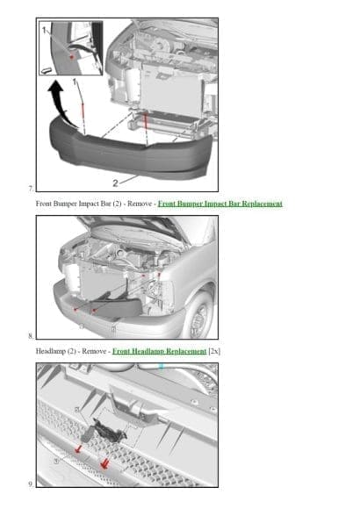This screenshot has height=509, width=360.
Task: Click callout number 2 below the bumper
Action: click(x=114, y=183)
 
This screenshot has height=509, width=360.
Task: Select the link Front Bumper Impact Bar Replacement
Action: click(x=220, y=204)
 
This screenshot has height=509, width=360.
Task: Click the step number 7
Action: click(x=32, y=189)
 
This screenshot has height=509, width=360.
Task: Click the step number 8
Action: click(x=32, y=335)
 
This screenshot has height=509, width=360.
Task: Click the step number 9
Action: click(x=32, y=483)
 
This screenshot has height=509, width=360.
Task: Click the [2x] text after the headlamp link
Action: click(x=214, y=351)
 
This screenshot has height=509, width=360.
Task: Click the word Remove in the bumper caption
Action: click(x=142, y=204)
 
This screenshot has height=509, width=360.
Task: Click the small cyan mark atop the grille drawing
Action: click(x=161, y=367)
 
